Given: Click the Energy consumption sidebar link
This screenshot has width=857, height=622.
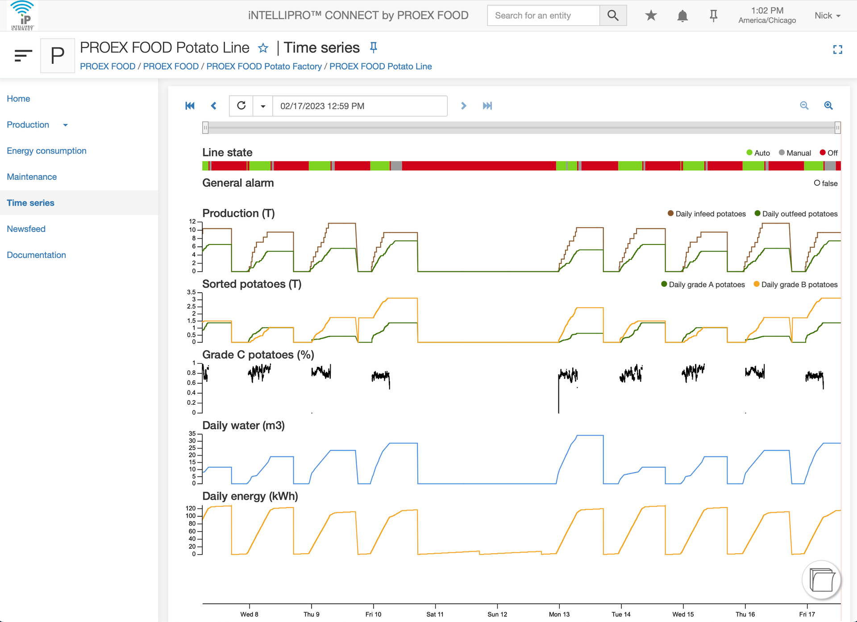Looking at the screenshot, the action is (46, 151).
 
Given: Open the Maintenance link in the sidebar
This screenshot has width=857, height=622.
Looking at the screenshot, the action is (32, 177).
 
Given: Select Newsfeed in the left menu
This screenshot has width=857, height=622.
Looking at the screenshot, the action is (26, 229).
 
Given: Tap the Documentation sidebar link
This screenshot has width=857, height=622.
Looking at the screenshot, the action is (36, 255).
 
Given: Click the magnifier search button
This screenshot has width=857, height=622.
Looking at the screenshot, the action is (613, 16).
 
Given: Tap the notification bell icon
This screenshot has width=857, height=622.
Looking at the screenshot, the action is (682, 16).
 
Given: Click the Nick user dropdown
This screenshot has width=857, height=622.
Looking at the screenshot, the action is (828, 16).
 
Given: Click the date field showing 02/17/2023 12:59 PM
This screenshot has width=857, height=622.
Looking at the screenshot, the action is (360, 106).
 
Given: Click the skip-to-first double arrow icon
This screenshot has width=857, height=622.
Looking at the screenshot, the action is (190, 106).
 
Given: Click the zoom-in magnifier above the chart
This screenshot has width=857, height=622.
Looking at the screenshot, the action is (828, 105).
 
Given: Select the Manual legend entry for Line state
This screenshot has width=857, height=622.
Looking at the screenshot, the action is (795, 153).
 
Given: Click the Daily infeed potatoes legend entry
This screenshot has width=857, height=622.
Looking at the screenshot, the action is (707, 214).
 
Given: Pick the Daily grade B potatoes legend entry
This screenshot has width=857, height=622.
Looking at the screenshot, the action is (795, 285).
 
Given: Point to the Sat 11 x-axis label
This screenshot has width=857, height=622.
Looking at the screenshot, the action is (435, 614).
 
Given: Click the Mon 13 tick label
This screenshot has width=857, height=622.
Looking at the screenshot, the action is (559, 614).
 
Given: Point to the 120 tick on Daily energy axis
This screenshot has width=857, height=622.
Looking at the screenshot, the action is (191, 508).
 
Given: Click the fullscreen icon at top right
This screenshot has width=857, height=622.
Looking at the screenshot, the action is (838, 50).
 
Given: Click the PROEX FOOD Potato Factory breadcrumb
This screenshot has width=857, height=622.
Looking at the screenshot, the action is (264, 66).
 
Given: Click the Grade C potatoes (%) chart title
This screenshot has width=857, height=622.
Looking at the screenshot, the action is (258, 355).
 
